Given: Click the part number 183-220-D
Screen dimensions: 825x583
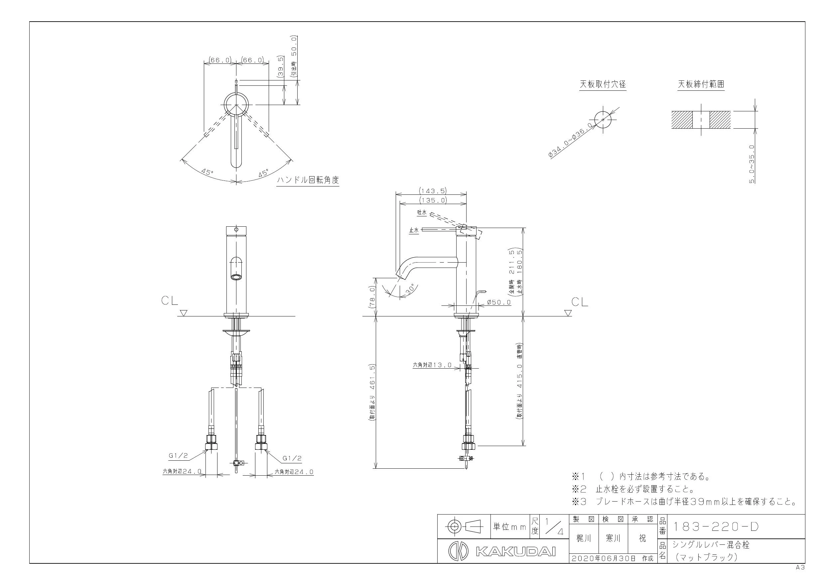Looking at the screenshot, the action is [x=715, y=526].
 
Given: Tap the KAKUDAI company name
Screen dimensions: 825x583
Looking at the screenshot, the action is [x=516, y=552].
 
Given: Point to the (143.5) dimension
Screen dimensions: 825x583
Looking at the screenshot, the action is [x=433, y=191].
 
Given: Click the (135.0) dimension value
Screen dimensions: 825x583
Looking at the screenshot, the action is [x=433, y=200].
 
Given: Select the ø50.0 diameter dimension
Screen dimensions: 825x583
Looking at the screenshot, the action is [x=499, y=302].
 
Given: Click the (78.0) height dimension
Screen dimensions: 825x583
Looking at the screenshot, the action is [x=372, y=297].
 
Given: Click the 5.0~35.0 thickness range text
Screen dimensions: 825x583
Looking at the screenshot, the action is [x=752, y=164].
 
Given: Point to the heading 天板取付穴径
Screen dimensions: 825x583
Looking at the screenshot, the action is [x=603, y=84].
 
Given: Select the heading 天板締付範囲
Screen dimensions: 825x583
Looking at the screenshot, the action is [x=701, y=84].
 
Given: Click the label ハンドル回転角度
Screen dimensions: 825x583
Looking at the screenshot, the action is [x=308, y=180].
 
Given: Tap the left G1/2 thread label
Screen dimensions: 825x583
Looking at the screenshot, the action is [x=178, y=456].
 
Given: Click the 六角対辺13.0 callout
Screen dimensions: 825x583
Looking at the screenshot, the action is [x=432, y=365].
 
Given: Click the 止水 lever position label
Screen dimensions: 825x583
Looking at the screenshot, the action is [x=414, y=231].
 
